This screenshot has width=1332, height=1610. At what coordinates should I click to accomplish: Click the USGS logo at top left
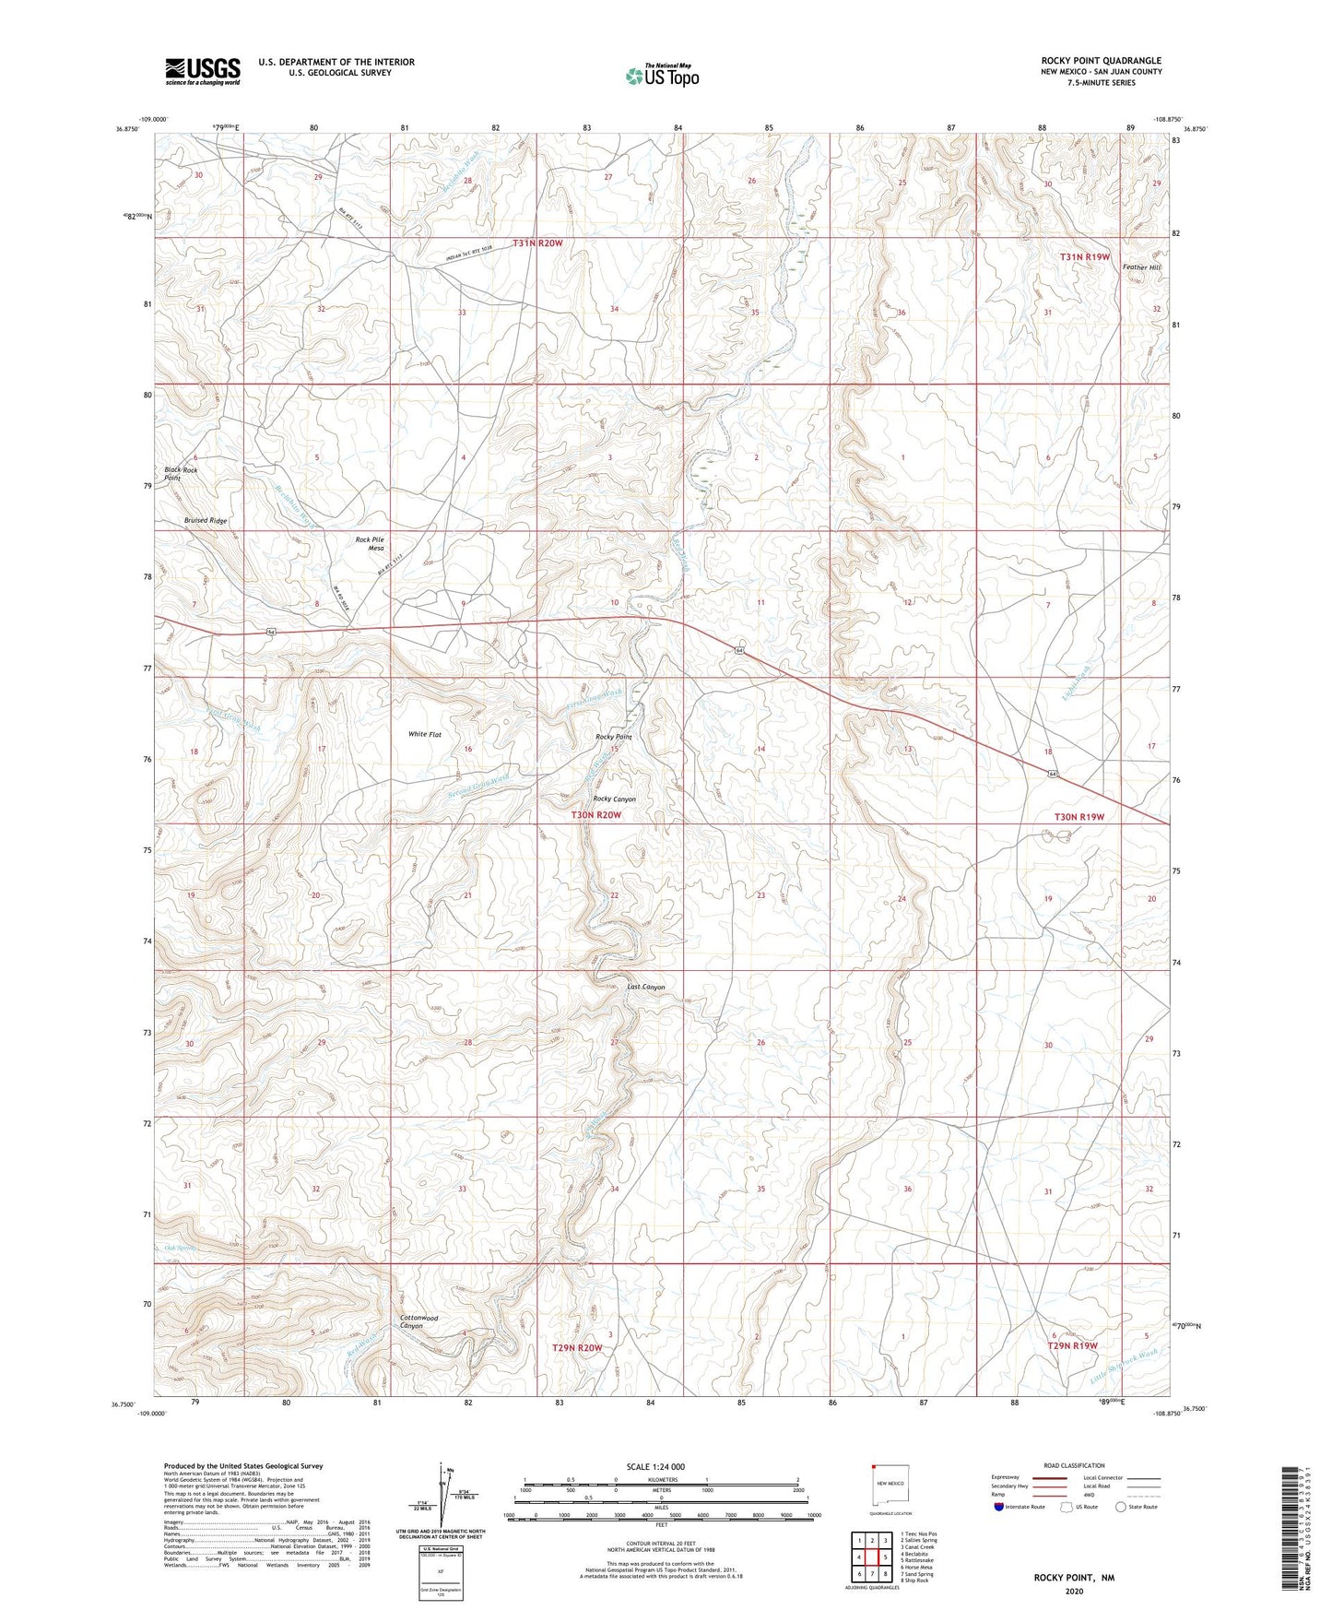(x=203, y=71)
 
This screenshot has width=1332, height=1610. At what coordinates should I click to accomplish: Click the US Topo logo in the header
(x=662, y=76)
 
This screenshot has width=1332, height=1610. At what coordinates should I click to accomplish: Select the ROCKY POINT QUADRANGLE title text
(x=1102, y=60)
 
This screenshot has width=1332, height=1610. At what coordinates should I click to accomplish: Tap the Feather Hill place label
(x=1141, y=267)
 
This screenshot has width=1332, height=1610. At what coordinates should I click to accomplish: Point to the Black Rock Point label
(x=181, y=474)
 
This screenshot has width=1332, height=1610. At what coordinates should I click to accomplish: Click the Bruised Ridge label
(x=205, y=521)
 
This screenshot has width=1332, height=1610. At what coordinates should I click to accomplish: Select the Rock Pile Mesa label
(x=369, y=544)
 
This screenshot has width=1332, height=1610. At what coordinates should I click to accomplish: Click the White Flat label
(x=425, y=735)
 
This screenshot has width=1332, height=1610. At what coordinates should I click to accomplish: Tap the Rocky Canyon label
(x=614, y=799)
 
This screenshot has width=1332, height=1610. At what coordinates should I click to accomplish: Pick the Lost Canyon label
(x=645, y=988)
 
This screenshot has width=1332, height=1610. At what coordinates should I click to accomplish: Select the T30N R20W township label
(x=596, y=815)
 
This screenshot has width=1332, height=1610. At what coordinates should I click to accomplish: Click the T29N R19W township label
(x=1072, y=1346)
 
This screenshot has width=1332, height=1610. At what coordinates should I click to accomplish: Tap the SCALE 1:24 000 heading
(x=661, y=1467)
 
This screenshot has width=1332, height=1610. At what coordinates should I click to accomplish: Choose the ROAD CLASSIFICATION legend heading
(x=1074, y=1465)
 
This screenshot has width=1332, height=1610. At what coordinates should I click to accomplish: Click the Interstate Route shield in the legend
(x=999, y=1507)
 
